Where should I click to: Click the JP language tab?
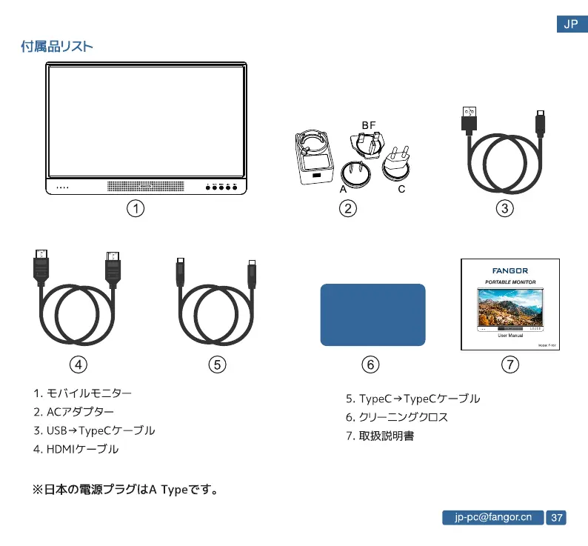571,24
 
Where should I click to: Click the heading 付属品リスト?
57,47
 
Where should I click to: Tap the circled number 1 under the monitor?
135,209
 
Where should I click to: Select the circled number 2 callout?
347,209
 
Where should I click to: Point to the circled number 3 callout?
505,209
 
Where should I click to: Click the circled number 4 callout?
78,364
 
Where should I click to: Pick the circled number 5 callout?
216,364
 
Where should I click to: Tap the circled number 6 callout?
371,364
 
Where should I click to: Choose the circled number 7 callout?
510,364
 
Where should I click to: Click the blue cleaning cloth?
372,314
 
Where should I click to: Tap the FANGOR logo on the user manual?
510,270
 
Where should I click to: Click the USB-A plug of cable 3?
469,119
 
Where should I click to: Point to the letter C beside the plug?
401,190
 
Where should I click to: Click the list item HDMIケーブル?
81,449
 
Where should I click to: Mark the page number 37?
557,517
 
